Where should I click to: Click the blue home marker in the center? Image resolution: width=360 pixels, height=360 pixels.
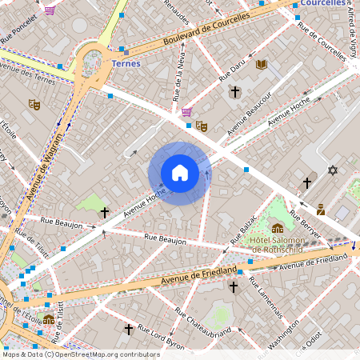180,173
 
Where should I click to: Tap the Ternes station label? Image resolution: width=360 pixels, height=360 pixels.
126,64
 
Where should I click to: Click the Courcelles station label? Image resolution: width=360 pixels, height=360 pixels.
323,3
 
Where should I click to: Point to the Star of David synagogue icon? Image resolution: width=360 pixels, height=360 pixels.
333,170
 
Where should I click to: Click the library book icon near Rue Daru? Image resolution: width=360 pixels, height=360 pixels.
261,64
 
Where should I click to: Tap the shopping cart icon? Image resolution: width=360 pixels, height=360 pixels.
187,112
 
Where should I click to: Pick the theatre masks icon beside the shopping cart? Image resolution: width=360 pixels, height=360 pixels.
202,126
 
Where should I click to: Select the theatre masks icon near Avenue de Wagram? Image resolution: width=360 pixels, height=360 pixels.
34,104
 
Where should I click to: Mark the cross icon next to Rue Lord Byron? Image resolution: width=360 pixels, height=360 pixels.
128,328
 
